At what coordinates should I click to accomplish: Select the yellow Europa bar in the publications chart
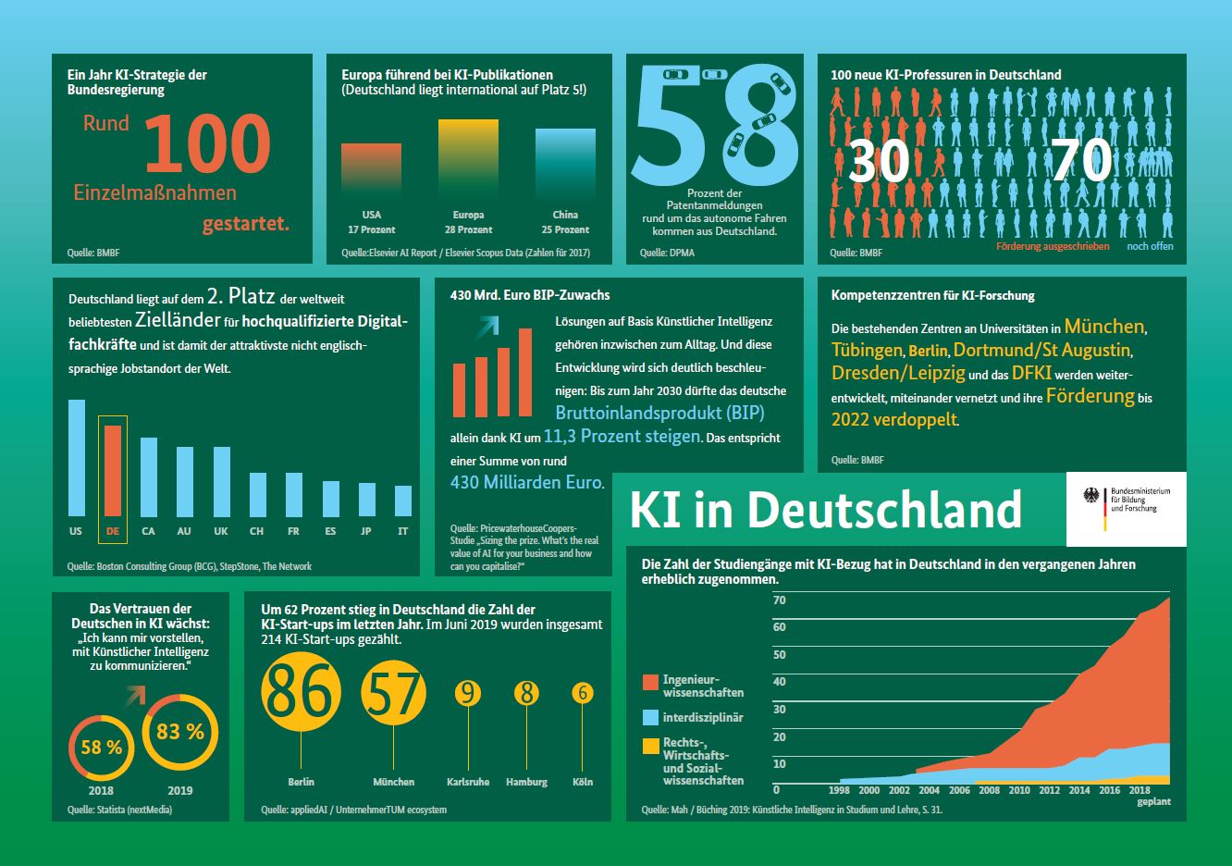tap(468, 155)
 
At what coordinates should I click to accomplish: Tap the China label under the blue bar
tap(565, 215)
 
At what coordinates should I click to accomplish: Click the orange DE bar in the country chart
tap(113, 470)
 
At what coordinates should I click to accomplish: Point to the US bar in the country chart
tap(76, 457)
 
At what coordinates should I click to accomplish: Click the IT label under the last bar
tap(402, 531)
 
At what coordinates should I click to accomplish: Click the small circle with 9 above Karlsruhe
tap(468, 693)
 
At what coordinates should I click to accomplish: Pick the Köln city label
tap(583, 782)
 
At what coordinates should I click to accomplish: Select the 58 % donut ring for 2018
tap(101, 747)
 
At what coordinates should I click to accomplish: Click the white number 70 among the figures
tap(1081, 161)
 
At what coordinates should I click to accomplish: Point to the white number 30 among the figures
tap(878, 161)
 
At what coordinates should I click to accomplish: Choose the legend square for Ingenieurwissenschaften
tap(650, 684)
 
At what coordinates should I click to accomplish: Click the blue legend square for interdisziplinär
tap(650, 717)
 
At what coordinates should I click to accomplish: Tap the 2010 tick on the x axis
tap(1019, 790)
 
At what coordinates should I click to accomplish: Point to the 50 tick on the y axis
tap(780, 655)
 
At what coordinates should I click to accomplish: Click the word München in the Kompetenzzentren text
tap(1103, 327)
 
